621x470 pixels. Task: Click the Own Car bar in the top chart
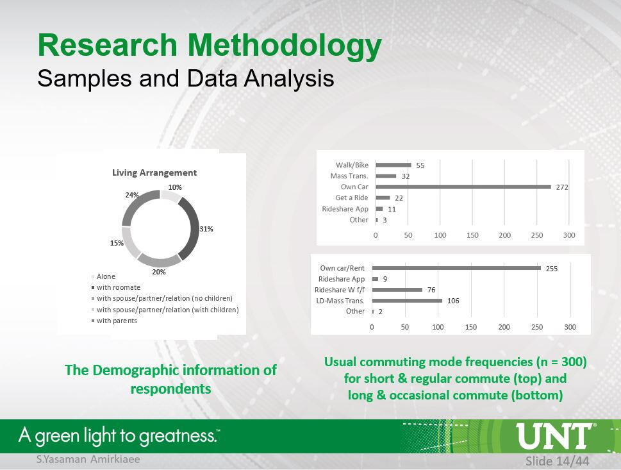(463, 187)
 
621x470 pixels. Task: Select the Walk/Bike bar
(393, 165)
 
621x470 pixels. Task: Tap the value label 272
(562, 187)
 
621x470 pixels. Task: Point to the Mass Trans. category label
(349, 176)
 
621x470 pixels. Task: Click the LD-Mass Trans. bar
(407, 301)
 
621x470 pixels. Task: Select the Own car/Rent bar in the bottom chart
(456, 268)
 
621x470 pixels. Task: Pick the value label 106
(453, 301)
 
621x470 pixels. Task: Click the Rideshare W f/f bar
(397, 290)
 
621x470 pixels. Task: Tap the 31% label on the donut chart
(206, 229)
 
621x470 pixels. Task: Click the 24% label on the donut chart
(132, 195)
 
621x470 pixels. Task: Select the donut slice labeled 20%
(158, 260)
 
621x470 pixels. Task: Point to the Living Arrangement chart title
(154, 172)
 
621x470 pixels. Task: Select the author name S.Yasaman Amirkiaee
(88, 459)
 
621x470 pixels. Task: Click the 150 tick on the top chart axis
(472, 235)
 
